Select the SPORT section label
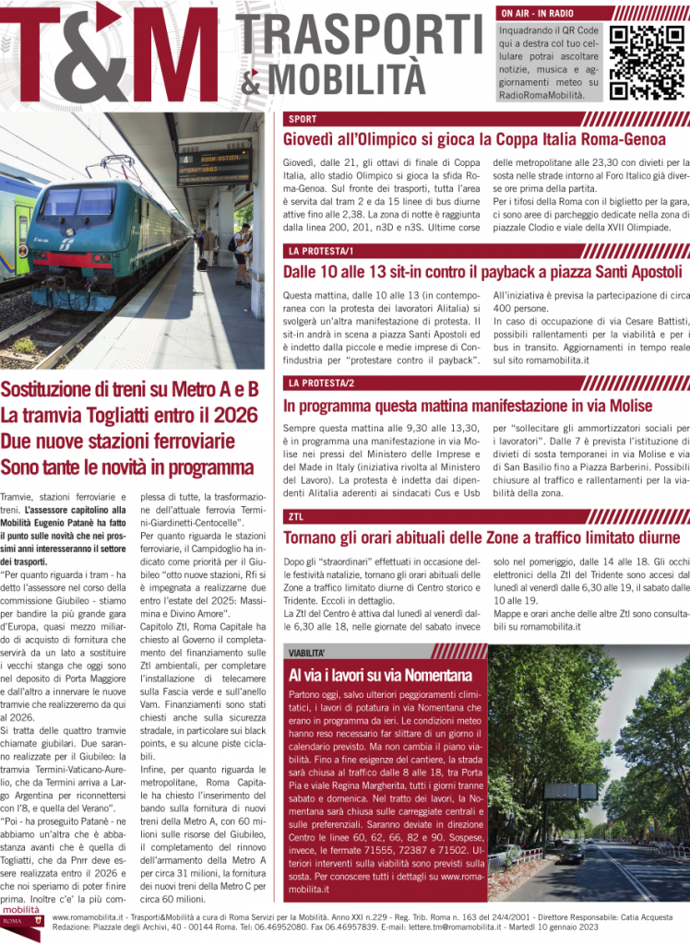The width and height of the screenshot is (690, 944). click(x=303, y=120)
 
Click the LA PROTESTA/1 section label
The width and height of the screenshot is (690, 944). click(x=318, y=252)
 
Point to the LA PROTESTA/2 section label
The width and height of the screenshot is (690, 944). click(x=318, y=383)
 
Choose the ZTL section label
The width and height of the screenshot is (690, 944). click(x=297, y=516)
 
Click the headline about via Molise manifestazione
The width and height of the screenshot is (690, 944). click(x=468, y=405)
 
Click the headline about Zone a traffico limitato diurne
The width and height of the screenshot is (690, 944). click(x=482, y=537)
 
